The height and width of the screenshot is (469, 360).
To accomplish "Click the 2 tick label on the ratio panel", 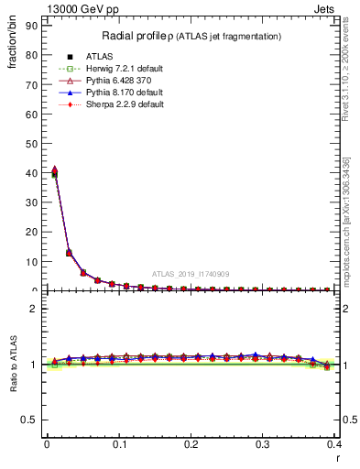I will [33, 309].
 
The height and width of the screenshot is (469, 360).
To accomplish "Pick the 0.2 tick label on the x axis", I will [191, 443].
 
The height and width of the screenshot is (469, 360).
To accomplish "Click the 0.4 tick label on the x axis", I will [334, 443].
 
